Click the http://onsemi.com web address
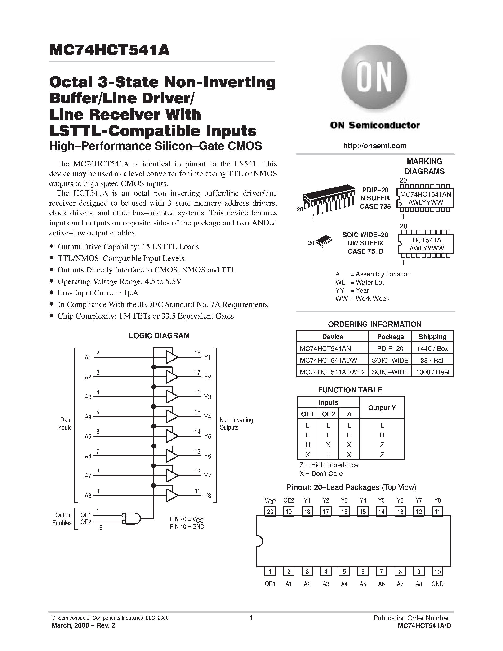pyautogui.click(x=374, y=146)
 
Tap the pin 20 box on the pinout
pyautogui.click(x=270, y=512)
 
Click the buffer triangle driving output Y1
pyautogui.click(x=172, y=357)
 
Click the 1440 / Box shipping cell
pyautogui.click(x=432, y=348)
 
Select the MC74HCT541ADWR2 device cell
pyautogui.click(x=332, y=372)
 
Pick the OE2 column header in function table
pyautogui.click(x=328, y=414)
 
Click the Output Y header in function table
pyautogui.click(x=382, y=408)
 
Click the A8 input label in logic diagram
pyautogui.click(x=88, y=496)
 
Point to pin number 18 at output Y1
pyautogui.click(x=197, y=353)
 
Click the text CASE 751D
pyautogui.click(x=365, y=251)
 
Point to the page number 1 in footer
pyautogui.click(x=251, y=618)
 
